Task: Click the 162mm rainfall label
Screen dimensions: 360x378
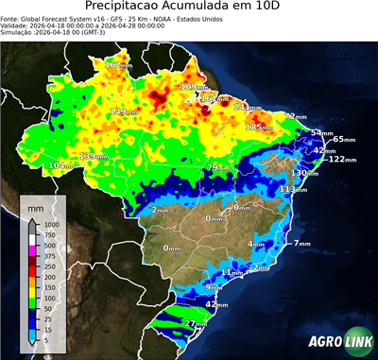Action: [x=118, y=64]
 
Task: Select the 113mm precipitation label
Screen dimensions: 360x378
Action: [x=293, y=189]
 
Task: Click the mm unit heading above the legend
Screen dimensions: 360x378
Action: [x=37, y=205]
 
